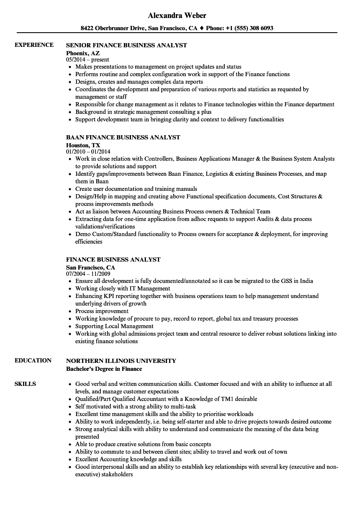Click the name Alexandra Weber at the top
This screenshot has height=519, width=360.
(x=177, y=15)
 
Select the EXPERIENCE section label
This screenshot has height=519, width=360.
(x=34, y=45)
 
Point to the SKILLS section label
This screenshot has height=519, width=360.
(x=25, y=384)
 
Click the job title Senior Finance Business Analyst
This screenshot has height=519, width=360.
(x=126, y=45)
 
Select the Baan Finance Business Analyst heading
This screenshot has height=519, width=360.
(x=123, y=137)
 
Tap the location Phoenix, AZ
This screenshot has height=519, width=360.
(x=83, y=53)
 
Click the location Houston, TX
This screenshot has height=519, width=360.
(x=83, y=145)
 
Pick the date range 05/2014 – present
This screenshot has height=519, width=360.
(x=87, y=60)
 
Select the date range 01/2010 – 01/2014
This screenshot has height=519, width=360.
(x=88, y=152)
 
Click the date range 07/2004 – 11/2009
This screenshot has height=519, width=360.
(x=88, y=274)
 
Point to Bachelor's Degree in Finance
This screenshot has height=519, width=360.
(x=104, y=369)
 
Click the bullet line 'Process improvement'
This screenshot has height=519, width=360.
(x=102, y=311)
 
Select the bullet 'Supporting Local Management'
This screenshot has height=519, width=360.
(x=114, y=326)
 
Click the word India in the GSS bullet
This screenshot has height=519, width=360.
(x=306, y=281)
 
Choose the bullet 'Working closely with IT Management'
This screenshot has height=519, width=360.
(x=123, y=288)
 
